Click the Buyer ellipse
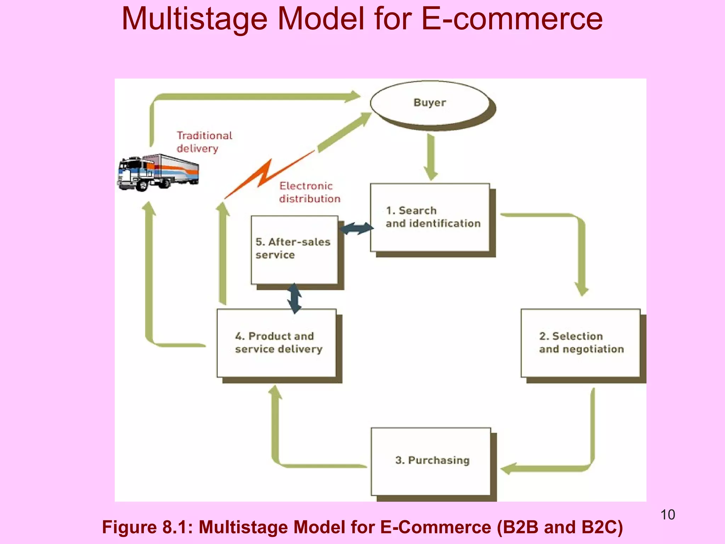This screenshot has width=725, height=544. point(430,103)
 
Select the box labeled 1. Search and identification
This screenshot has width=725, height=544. point(430,217)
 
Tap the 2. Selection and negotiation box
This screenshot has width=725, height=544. point(581,343)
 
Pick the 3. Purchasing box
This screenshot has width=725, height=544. point(431,461)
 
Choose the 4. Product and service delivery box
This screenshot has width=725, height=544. point(276,343)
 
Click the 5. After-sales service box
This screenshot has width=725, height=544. point(294,249)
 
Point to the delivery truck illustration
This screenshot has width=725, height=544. point(158,173)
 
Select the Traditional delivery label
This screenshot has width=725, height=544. point(204,142)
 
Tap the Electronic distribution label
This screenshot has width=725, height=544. point(309,192)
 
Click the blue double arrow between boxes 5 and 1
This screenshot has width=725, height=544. point(356,228)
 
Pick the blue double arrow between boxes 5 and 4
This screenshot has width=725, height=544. point(294,298)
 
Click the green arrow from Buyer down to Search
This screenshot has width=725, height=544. point(431,156)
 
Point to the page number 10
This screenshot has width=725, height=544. point(668,515)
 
